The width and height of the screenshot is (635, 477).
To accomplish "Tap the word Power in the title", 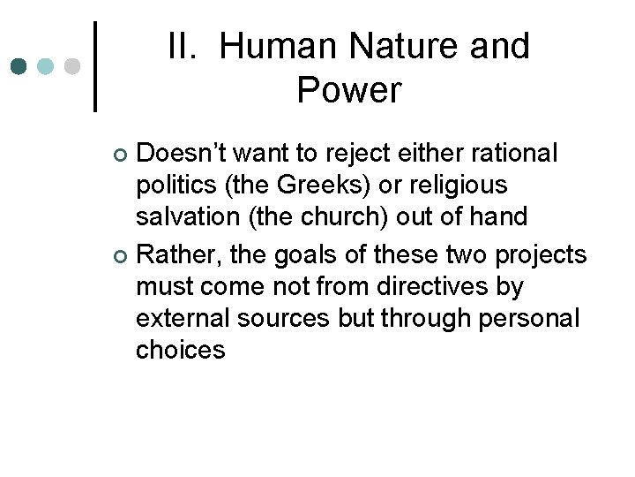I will [x=349, y=89].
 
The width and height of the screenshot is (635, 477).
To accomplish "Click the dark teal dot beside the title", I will [x=19, y=66].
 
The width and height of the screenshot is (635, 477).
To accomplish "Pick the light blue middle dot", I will [x=46, y=66].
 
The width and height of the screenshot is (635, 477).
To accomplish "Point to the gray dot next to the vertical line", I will [x=72, y=66].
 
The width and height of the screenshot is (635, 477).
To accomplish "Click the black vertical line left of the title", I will [x=95, y=66].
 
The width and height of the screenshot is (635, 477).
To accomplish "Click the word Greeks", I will [x=303, y=185].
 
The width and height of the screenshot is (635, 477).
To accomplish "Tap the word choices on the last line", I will [x=181, y=350].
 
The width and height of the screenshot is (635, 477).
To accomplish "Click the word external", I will [x=186, y=318].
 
